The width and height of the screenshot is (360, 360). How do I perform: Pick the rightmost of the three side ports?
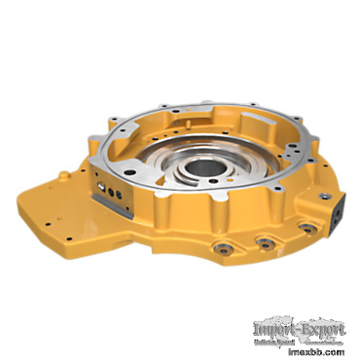click(x=304, y=228)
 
